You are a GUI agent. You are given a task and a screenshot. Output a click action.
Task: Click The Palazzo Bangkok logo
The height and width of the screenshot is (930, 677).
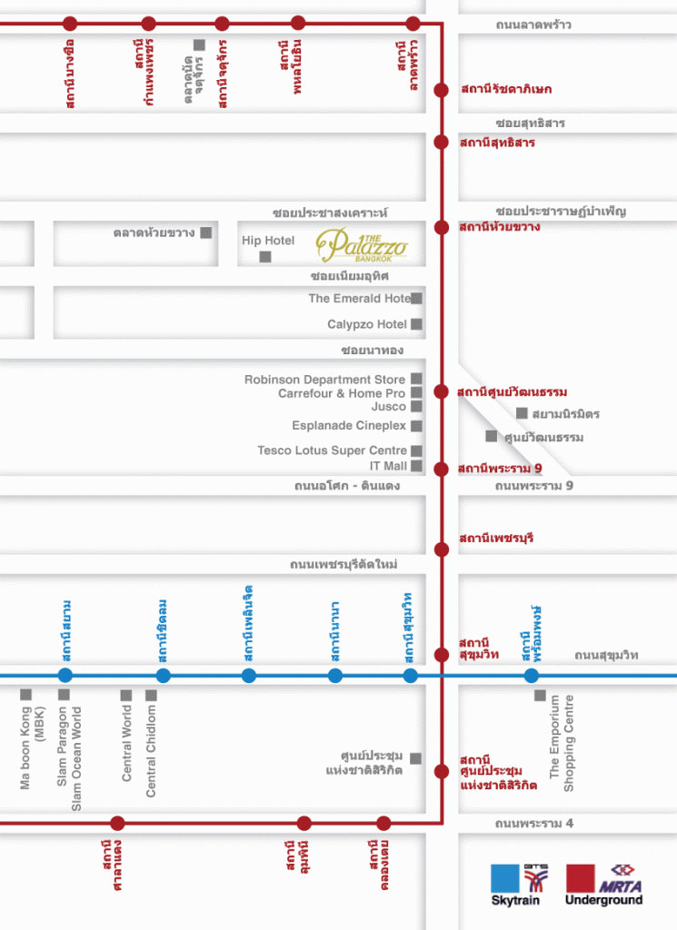point(362,245)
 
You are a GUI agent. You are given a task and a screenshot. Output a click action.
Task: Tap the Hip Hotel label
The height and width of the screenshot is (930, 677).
point(268,240)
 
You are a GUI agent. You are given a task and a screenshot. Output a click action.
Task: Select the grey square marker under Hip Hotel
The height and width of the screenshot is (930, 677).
point(265,257)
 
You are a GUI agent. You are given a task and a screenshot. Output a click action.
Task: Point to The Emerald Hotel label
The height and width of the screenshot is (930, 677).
point(360,298)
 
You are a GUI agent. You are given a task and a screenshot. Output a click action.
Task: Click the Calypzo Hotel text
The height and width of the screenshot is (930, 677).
point(367,324)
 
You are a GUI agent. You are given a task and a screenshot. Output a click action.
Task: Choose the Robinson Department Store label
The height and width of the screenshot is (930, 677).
point(324,380)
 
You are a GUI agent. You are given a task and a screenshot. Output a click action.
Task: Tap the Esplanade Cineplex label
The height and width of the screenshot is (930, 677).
point(349,426)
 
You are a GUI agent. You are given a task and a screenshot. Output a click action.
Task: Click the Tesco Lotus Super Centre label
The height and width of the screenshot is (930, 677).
point(333,450)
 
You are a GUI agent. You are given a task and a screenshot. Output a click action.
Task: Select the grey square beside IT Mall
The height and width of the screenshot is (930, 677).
point(416,466)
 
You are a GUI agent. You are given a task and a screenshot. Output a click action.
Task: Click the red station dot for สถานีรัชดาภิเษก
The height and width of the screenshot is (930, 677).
point(441,90)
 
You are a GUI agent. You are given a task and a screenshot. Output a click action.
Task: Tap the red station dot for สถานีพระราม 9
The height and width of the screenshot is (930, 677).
point(441,470)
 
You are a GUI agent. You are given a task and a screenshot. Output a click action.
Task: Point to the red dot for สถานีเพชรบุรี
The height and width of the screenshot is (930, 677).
point(442,549)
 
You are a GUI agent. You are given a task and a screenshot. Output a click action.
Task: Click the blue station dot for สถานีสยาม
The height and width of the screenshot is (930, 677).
point(65,675)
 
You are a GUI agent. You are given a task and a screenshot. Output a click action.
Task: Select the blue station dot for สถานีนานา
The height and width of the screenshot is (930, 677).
point(335,675)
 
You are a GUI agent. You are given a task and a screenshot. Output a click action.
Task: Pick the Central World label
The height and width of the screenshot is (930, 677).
point(126,743)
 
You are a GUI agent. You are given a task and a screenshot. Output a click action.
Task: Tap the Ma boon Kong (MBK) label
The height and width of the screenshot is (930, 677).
point(32,747)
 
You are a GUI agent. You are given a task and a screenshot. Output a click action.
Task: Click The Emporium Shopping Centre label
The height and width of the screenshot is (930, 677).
point(562,743)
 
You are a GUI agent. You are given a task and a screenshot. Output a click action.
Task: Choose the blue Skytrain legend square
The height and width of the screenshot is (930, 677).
point(505,878)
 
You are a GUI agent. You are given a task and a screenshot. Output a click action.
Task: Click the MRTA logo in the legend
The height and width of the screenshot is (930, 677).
point(620,879)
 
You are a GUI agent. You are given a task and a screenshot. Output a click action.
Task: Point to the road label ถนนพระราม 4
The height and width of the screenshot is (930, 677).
point(534,823)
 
